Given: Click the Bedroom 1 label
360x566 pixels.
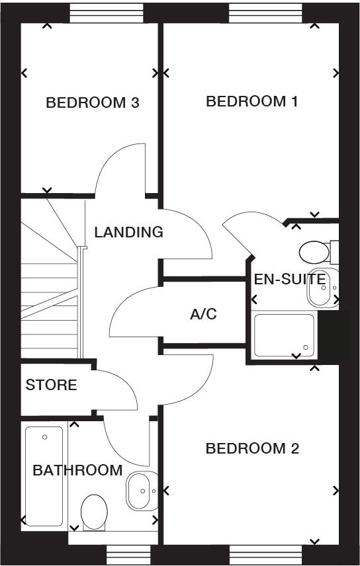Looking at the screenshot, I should click(x=251, y=102).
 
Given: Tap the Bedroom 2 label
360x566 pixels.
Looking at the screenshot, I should click(x=252, y=449).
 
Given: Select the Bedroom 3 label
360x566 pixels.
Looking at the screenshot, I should click(x=92, y=103).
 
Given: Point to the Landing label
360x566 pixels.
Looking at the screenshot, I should click(x=128, y=233).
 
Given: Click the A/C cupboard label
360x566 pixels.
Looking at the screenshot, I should click(x=203, y=314).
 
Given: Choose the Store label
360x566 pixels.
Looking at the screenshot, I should click(x=51, y=385).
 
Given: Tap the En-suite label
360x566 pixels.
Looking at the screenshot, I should click(x=289, y=279).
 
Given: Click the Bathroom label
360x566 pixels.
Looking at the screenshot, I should click(x=77, y=471).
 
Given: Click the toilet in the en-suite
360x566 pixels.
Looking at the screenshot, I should click(x=317, y=252).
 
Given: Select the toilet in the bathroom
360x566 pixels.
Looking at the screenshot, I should click(x=95, y=511).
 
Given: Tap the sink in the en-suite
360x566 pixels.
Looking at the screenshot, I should click(x=322, y=288).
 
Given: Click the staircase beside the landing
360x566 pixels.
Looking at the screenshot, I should click(x=50, y=291).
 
